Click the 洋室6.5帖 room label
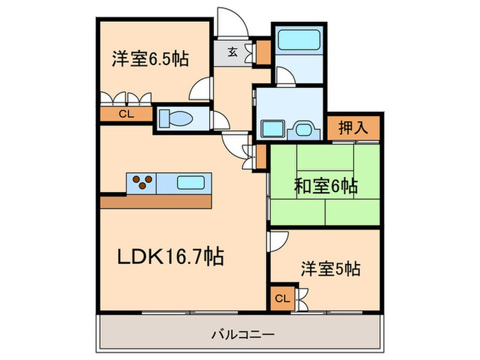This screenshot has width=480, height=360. (150, 58)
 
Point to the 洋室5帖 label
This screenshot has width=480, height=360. (329, 269)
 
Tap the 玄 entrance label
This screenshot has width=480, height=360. (233, 51)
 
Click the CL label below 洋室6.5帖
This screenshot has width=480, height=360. (125, 115)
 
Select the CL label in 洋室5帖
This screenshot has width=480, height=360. (283, 298)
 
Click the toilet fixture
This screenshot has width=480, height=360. (177, 119)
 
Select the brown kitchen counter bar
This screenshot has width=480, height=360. (156, 202)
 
